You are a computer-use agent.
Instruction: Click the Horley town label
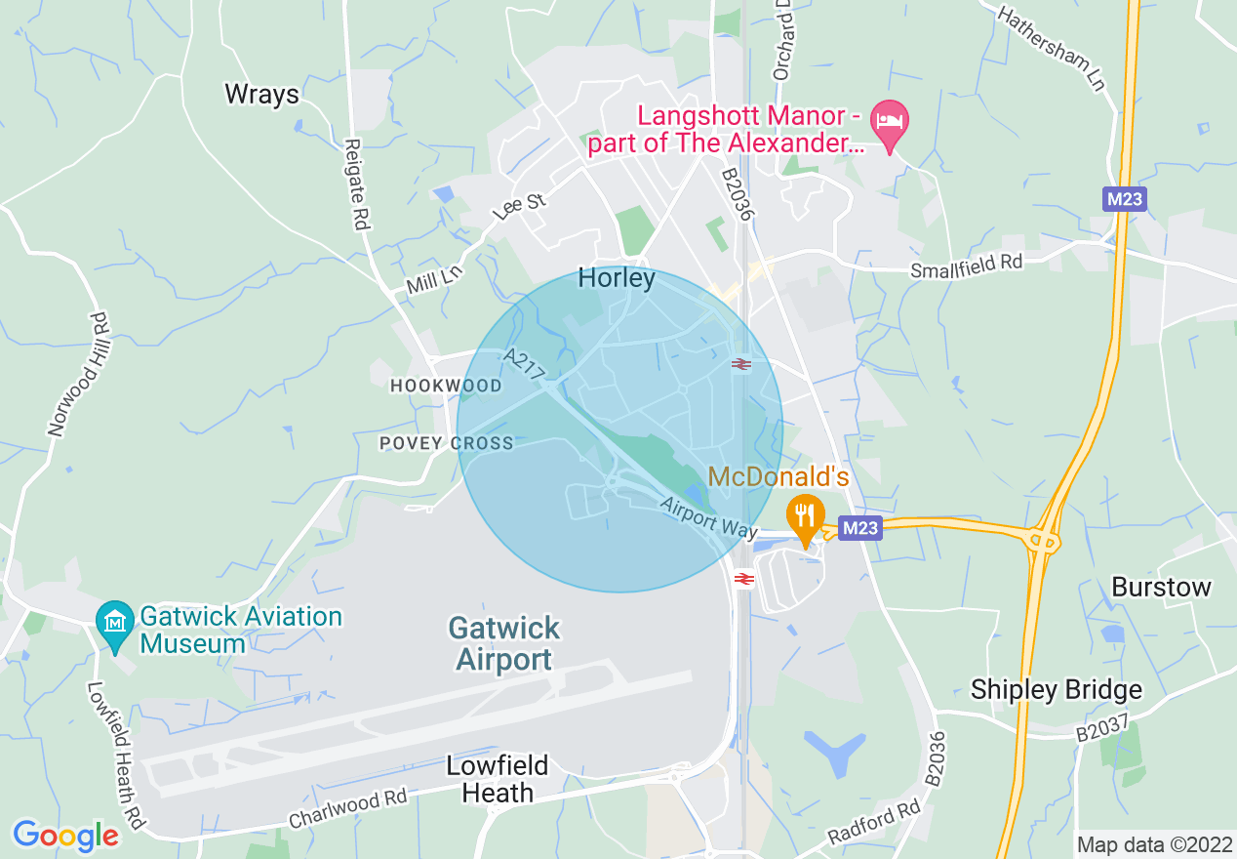tap(617, 278)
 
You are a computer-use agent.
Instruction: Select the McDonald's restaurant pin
tap(805, 517)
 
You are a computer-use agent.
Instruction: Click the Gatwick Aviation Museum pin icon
tap(116, 621)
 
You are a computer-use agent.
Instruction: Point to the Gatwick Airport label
tap(504, 643)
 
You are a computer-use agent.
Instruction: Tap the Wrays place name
tap(261, 94)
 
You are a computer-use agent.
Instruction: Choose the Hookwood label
tap(446, 386)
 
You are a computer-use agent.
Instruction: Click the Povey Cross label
tap(446, 443)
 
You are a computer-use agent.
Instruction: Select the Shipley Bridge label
tap(1056, 690)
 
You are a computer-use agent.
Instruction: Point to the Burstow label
tap(1161, 588)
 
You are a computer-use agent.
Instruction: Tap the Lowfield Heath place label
tap(498, 778)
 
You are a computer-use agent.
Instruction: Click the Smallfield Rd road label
tap(966, 266)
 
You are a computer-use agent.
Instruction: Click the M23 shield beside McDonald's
tap(860, 528)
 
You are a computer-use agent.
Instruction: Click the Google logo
tap(65, 836)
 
